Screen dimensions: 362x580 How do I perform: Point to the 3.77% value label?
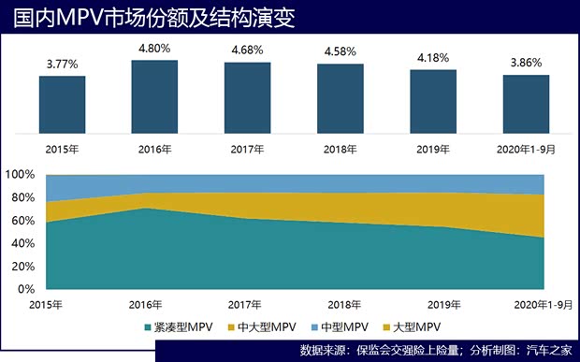(x=62, y=65)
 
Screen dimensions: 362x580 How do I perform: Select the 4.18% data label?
(x=433, y=58)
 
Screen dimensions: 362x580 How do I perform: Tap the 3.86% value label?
(x=525, y=64)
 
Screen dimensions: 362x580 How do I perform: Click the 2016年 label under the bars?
(x=154, y=149)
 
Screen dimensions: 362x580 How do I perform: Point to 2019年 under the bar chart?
(x=433, y=149)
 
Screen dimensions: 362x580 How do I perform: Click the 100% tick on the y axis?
(x=20, y=175)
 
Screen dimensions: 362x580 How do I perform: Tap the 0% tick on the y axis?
(x=26, y=289)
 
